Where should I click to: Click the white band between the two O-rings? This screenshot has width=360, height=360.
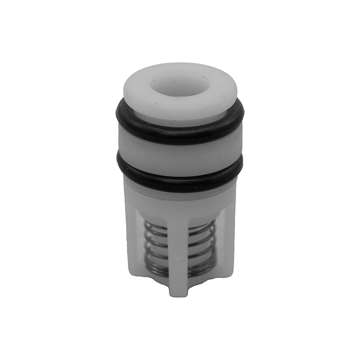(x=180, y=155)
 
